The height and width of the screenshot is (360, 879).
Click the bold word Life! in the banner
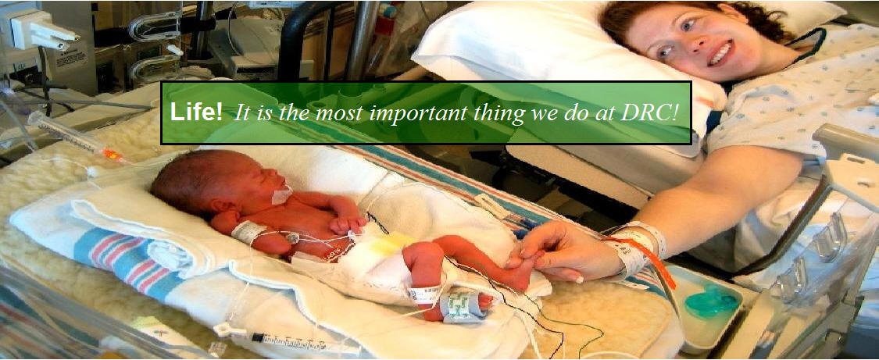[196, 112]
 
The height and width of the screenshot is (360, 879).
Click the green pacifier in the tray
[711, 302]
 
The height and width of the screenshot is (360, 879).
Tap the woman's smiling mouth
[720, 55]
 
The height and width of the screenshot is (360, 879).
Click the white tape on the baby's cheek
[282, 194]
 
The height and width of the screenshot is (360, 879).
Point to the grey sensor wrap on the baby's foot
[460, 305]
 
